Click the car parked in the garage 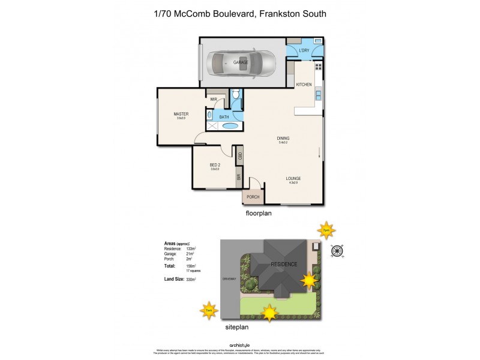(240, 62)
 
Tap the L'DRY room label (305, 50)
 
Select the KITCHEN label (304, 85)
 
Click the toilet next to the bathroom (236, 94)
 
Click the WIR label (213, 99)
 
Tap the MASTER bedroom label (181, 114)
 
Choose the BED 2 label (215, 165)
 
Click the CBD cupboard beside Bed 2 (239, 155)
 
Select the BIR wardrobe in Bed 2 (238, 178)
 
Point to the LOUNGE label (293, 178)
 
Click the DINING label (283, 138)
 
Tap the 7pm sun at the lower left (208, 310)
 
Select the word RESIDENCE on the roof (283, 263)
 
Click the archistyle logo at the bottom (239, 346)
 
